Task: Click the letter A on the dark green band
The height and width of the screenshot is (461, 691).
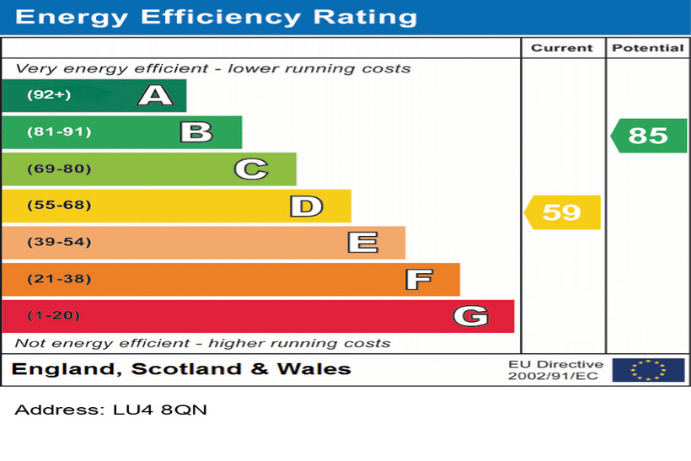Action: (x=155, y=95)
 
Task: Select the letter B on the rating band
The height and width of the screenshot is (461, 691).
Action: (x=196, y=132)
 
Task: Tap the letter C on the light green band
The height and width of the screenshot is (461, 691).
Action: (x=250, y=169)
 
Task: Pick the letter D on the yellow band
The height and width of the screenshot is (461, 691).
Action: (x=306, y=206)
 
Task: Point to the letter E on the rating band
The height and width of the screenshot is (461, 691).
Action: (x=362, y=243)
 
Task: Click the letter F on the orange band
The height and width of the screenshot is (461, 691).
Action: (x=418, y=279)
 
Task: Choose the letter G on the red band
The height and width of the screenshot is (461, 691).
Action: (x=470, y=316)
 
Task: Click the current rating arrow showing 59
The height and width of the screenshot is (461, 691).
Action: (x=562, y=212)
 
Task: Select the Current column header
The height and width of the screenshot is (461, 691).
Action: (x=562, y=48)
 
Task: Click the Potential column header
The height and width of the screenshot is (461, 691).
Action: (x=647, y=48)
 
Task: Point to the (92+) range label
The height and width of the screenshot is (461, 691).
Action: (x=49, y=95)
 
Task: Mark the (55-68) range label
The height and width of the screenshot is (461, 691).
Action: (x=58, y=206)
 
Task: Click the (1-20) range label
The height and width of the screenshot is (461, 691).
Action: (x=54, y=316)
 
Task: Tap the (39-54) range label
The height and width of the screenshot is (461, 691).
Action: (x=58, y=243)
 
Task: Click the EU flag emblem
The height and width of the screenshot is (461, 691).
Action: (x=647, y=370)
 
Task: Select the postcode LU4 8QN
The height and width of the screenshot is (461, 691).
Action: (x=160, y=410)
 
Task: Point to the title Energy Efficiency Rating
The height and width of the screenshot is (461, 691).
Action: (x=216, y=17)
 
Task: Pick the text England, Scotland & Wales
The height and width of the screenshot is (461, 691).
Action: (x=181, y=369)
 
